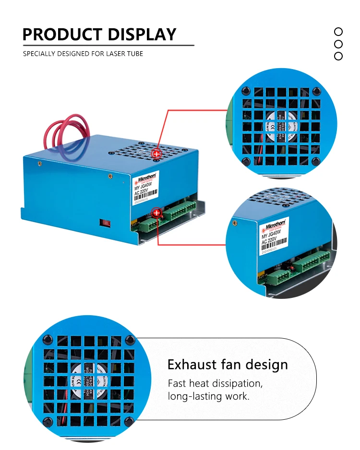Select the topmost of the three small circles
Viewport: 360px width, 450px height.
(338, 32)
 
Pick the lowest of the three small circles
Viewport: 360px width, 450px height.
(338, 56)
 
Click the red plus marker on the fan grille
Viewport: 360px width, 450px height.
(156, 154)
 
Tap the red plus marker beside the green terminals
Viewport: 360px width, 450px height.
(156, 213)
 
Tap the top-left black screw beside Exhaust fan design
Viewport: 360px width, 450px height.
(47, 340)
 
